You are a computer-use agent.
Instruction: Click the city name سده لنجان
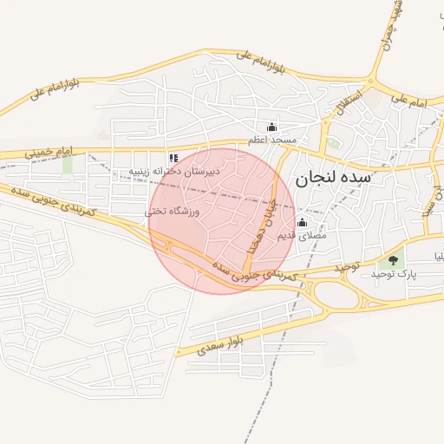[x=333, y=180]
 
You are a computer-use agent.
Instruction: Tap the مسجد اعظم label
[x=271, y=140]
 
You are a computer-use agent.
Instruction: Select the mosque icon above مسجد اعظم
[x=271, y=127]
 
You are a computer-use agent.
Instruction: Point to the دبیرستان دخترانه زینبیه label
[x=175, y=172]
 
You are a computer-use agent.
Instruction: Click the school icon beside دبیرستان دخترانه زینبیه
[x=173, y=158]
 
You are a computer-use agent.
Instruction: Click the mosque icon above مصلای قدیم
[x=302, y=222]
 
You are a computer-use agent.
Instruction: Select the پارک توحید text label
[x=394, y=273]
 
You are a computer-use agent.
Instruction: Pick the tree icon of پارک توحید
[x=394, y=259]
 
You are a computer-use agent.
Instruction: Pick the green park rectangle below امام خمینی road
[x=68, y=165]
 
